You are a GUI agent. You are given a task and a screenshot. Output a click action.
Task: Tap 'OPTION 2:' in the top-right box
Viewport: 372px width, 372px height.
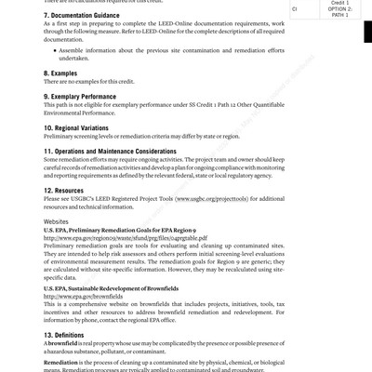[339, 8]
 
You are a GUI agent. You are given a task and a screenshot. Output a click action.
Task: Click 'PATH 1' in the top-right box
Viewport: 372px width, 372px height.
[339, 15]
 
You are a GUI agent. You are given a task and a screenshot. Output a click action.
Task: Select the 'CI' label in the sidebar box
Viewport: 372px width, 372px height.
[295, 8]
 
